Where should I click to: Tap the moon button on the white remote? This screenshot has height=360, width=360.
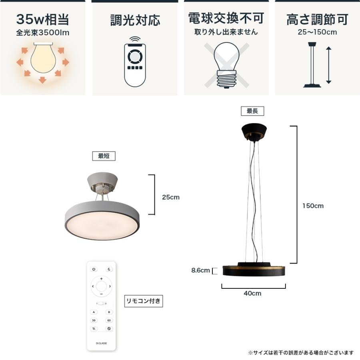[x=109, y=269]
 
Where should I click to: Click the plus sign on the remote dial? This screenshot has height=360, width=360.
[x=101, y=279]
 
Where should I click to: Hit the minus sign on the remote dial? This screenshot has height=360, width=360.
[x=101, y=294]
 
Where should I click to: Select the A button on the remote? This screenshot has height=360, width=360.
[x=94, y=312]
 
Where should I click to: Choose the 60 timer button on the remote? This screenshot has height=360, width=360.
[x=109, y=320]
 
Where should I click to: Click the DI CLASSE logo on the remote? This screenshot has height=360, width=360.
[x=101, y=343]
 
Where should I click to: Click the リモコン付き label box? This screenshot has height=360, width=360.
[x=144, y=301]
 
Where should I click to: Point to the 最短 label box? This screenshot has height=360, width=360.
[x=104, y=156]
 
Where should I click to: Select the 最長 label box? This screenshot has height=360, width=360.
[x=252, y=111]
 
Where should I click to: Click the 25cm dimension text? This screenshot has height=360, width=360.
[x=170, y=197]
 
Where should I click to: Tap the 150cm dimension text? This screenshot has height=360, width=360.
[x=313, y=206]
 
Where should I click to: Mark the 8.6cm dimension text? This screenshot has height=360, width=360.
[x=200, y=270]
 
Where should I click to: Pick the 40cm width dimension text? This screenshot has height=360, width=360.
[x=252, y=294]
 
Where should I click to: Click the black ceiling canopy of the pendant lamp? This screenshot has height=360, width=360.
[x=254, y=132]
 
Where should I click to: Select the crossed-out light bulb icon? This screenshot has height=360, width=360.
[x=227, y=65]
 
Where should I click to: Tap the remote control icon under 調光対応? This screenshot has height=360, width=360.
[x=135, y=62]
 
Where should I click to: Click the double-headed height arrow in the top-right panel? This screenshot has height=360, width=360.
[x=328, y=65]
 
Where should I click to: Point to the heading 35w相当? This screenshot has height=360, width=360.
[x=43, y=19]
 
